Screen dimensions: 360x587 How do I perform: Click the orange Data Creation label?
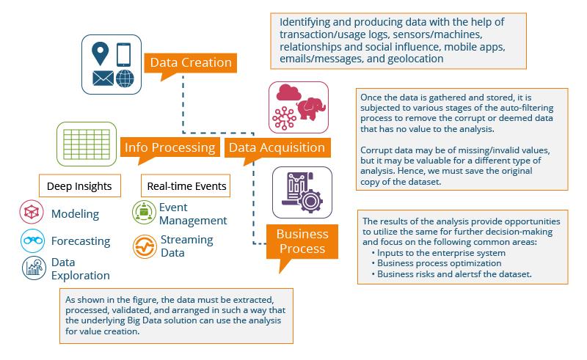pos(191,62)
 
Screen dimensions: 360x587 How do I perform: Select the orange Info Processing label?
pos(169,147)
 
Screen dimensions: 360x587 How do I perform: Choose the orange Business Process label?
pos(302,242)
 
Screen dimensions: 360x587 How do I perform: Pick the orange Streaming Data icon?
pos(145,246)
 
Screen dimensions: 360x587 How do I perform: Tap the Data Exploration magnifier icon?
pos(32,269)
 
